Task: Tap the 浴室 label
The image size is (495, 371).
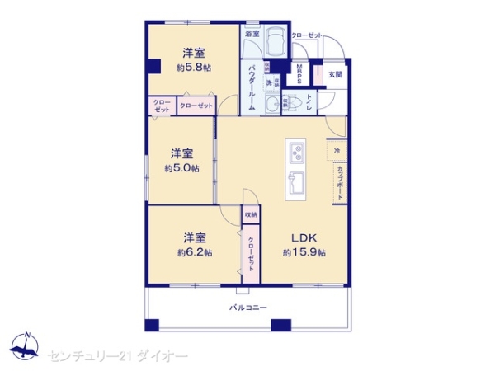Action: [252, 34]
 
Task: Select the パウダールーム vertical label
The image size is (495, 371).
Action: [252, 84]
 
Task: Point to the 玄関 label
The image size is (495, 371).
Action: [335, 74]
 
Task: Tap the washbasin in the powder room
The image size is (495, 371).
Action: [270, 104]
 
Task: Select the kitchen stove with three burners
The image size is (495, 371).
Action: [296, 152]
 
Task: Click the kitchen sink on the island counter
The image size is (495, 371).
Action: [296, 183]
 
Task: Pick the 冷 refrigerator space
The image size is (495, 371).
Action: [338, 151]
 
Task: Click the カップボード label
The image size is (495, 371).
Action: [339, 182]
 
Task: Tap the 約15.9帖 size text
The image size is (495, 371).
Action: [304, 251]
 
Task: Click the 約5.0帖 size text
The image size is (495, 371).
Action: [181, 167]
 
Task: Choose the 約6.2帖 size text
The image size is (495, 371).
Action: [196, 251]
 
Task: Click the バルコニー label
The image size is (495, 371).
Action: [247, 307]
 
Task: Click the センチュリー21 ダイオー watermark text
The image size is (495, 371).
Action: [118, 355]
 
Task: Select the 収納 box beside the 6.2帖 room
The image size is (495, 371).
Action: [250, 214]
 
